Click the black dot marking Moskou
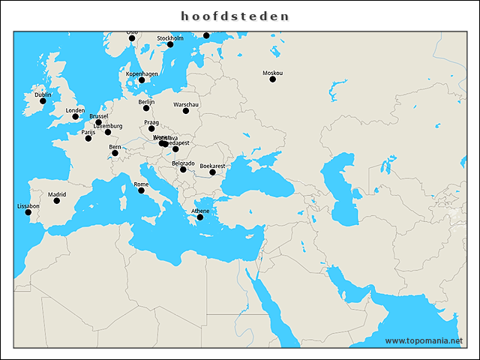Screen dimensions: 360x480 click(272, 79)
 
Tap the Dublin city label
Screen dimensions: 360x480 click(43, 94)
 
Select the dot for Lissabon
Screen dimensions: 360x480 click(28, 212)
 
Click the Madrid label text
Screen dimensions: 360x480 click(57, 194)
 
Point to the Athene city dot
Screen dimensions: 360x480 click(200, 217)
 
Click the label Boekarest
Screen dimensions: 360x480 click(212, 166)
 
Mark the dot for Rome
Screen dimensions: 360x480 click(141, 190)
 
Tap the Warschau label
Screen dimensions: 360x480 click(185, 104)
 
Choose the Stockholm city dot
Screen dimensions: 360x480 click(170, 44)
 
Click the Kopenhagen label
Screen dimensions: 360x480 click(142, 73)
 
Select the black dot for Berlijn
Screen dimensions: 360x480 click(146, 108)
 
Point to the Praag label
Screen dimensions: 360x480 click(151, 122)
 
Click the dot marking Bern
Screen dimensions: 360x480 click(115, 153)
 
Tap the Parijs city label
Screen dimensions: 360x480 click(88, 132)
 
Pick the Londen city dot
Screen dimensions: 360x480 click(75, 116)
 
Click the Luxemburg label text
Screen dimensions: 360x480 click(108, 126)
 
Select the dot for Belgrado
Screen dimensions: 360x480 click(183, 169)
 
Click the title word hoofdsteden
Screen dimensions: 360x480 click(235, 16)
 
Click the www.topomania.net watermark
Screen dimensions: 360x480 click(424, 340)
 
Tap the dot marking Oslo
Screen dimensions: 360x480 click(133, 39)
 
